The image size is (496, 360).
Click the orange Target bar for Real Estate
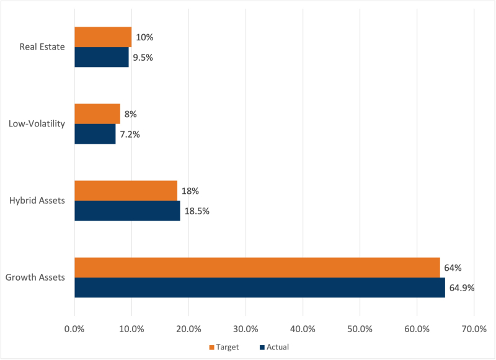[x=103, y=37]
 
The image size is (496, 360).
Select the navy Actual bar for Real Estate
[x=102, y=57]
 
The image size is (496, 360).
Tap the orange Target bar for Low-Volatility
[x=97, y=114]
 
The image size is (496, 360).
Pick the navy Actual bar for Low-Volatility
[x=95, y=134]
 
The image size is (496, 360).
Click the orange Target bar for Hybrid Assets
[x=126, y=191]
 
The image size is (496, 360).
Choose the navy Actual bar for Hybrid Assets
[x=127, y=211]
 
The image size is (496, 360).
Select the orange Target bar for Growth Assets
[x=257, y=268]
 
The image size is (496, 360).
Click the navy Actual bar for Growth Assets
[x=260, y=288]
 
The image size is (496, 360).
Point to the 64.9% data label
[x=462, y=288]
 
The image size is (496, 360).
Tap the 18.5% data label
[x=197, y=211]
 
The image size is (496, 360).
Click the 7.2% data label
[x=130, y=134]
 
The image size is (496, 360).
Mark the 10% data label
[x=144, y=37]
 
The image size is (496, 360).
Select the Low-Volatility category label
[x=37, y=124]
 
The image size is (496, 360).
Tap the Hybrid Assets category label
[x=38, y=201]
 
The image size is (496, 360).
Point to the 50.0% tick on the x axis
[x=360, y=328]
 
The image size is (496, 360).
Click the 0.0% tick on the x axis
[x=74, y=328]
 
